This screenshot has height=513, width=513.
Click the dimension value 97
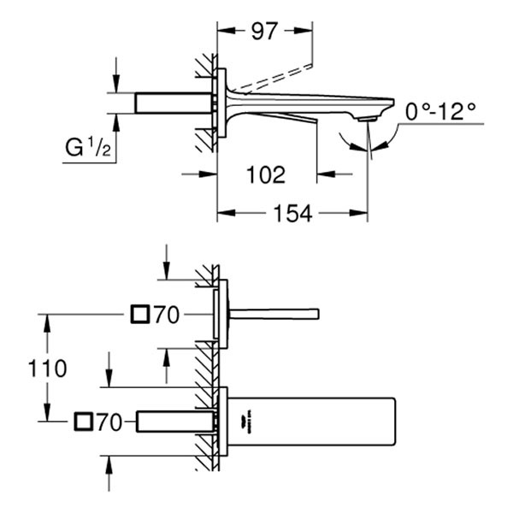[x=265, y=32]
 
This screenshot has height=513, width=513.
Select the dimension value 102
[x=265, y=175]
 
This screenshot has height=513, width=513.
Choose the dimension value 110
[x=47, y=369]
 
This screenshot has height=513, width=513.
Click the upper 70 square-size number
[x=166, y=316]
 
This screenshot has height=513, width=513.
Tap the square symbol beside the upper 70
[x=139, y=315]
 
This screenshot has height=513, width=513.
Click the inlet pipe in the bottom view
[x=175, y=421]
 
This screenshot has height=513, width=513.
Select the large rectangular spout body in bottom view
[x=316, y=422]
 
